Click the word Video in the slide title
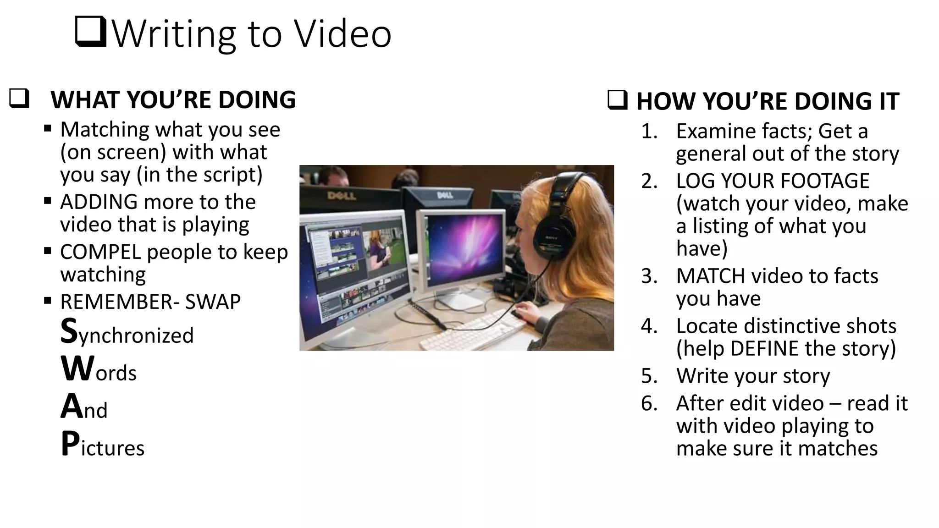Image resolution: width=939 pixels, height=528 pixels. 342,34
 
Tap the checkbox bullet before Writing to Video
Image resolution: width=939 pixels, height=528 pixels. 90,32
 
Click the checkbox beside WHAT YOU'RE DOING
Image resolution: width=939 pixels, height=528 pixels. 19,99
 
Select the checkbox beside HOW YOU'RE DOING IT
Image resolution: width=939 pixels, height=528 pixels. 617,100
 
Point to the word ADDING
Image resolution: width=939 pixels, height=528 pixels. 99,202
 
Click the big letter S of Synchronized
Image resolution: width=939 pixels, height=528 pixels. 69,331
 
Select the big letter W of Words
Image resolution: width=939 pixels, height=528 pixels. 77,368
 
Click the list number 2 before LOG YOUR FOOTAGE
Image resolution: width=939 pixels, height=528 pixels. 649,181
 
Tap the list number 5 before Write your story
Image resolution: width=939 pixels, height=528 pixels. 649,376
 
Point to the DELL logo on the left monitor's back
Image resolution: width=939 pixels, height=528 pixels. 342,196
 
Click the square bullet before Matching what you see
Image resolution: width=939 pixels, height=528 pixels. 48,129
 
